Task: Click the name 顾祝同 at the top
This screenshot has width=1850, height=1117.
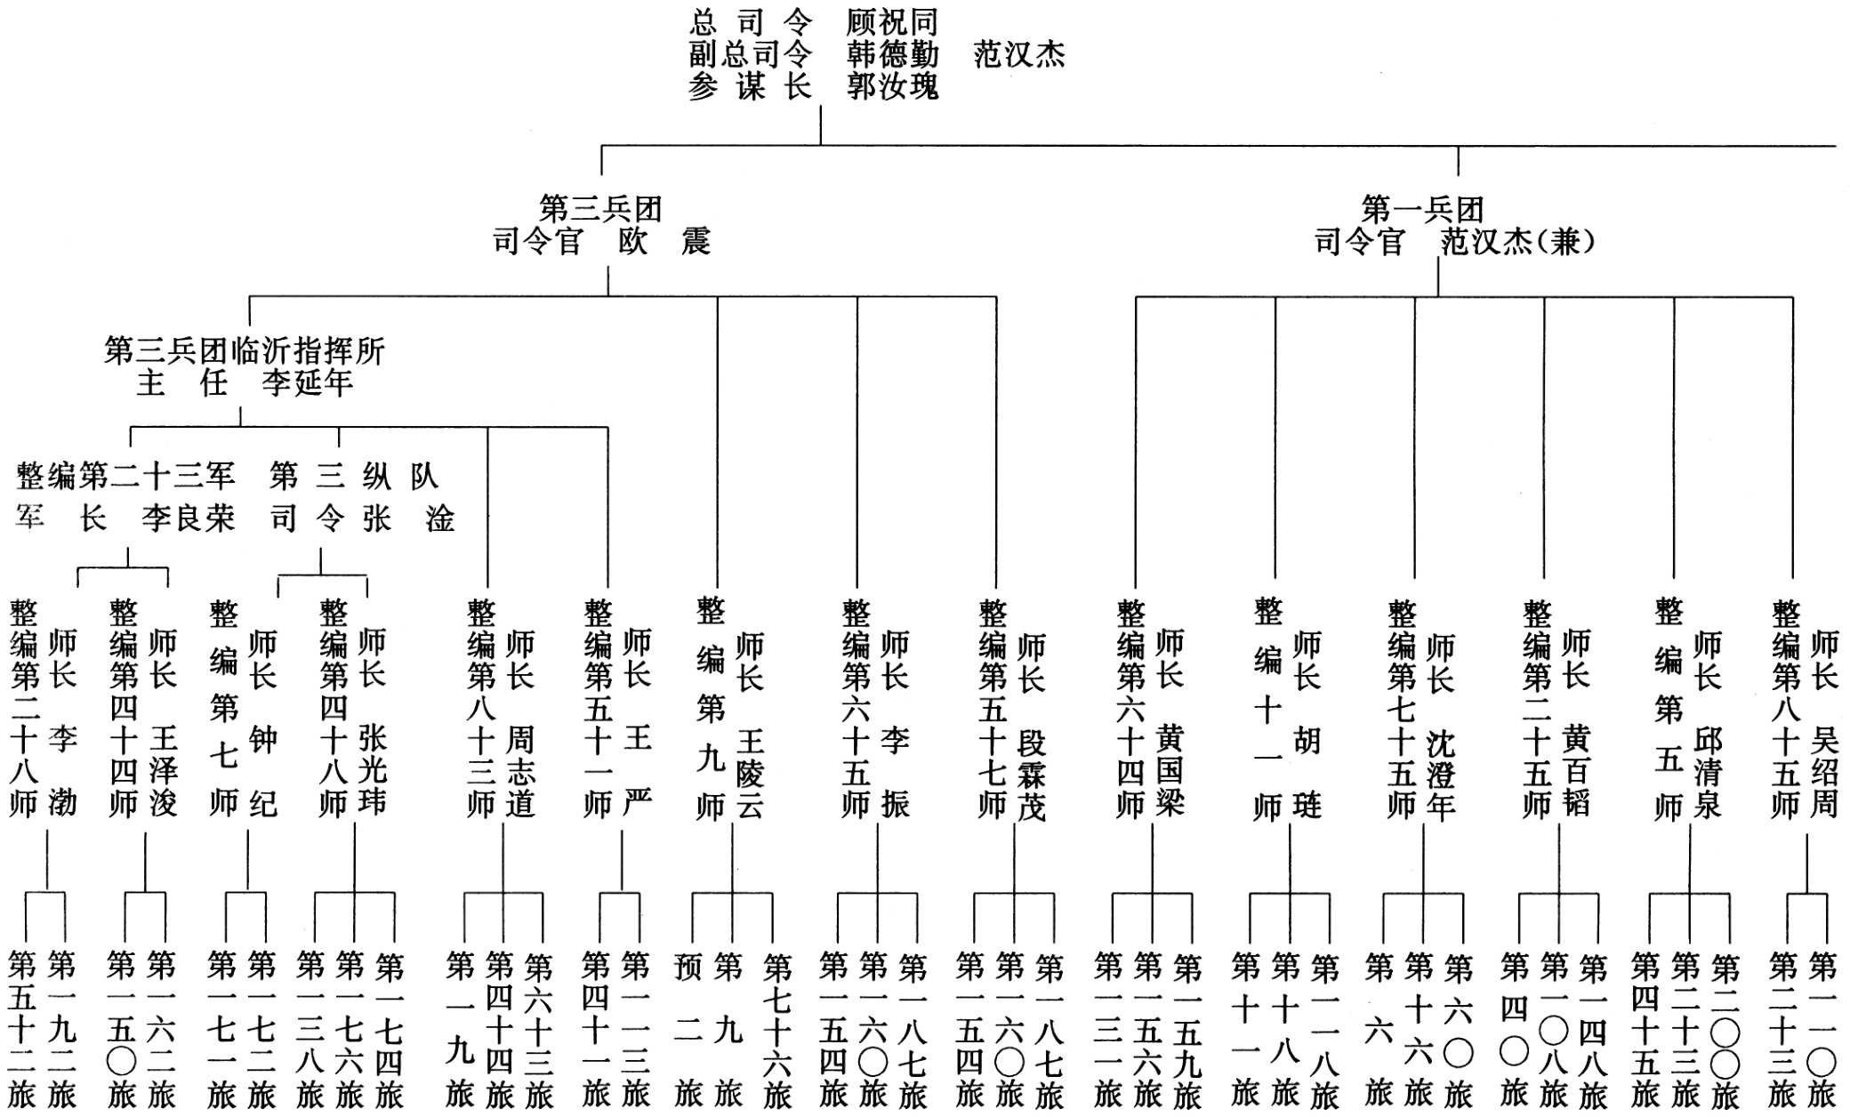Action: click(x=892, y=21)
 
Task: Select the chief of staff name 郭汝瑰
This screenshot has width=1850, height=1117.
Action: click(x=892, y=86)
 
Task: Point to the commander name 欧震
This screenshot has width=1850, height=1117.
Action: click(x=664, y=241)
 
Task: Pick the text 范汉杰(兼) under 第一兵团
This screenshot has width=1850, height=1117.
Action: click(x=1517, y=241)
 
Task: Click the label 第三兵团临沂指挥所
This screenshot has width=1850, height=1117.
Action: click(x=245, y=350)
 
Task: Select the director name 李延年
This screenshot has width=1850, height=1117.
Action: click(x=307, y=383)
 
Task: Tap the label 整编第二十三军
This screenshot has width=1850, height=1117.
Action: click(x=125, y=476)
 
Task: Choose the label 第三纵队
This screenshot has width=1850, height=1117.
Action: click(x=354, y=476)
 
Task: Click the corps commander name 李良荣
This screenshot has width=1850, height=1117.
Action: click(x=188, y=518)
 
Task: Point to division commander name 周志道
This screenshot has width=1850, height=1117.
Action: click(x=519, y=770)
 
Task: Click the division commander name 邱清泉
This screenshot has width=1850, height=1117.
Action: click(x=1707, y=770)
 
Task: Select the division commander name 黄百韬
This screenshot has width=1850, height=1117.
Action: click(x=1575, y=770)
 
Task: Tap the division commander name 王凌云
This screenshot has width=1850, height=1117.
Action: click(x=750, y=772)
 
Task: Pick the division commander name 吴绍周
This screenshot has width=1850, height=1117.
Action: click(x=1824, y=770)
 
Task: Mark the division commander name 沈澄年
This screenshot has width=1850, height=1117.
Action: click(x=1440, y=772)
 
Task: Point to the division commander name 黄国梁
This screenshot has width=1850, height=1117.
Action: click(x=1170, y=770)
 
